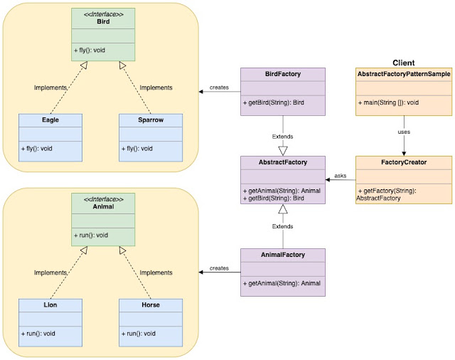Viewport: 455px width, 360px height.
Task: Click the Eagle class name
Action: pos(50,120)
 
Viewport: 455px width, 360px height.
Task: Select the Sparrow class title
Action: pos(151,120)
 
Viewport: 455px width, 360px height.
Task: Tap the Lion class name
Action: pos(50,305)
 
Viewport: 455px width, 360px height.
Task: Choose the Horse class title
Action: pos(151,305)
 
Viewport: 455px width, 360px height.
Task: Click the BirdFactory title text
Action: pos(283,74)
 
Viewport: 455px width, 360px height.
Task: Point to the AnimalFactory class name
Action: pos(283,255)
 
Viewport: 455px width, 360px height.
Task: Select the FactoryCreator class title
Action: pos(404,162)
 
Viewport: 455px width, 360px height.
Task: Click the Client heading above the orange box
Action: pos(403,63)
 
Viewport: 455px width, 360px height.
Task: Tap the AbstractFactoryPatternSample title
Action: pos(404,74)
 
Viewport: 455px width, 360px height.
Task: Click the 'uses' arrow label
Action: pos(404,132)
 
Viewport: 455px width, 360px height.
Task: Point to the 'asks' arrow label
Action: pos(340,176)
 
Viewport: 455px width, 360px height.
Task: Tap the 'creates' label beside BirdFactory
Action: pos(219,88)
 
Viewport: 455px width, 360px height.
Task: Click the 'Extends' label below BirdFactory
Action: pos(282,137)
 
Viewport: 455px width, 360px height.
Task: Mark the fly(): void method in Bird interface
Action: pos(90,51)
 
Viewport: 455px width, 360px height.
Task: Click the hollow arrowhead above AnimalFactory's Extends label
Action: pos(283,209)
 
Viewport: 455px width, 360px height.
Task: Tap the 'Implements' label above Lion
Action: pos(50,272)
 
